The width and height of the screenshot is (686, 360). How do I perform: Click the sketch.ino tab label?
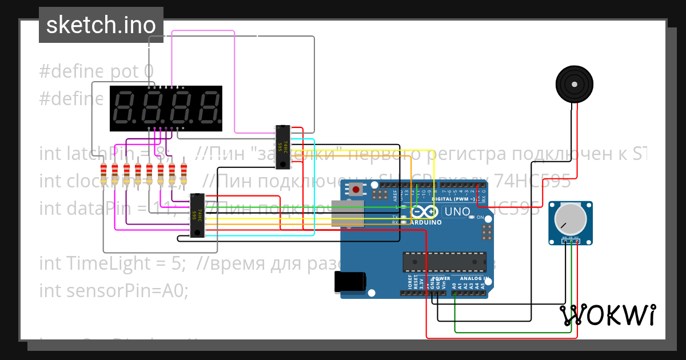[x=101, y=25]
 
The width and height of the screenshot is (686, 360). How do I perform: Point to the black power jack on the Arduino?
[x=349, y=282]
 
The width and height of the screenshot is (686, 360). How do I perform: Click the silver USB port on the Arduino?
[x=347, y=213]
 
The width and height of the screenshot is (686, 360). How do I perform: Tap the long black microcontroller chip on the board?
[x=444, y=261]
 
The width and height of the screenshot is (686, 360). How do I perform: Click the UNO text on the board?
[x=457, y=212]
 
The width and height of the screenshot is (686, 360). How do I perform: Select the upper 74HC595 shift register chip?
[x=282, y=147]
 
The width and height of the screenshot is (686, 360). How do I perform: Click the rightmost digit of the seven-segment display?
[x=208, y=108]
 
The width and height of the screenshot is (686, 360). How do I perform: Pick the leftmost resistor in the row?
[x=103, y=173]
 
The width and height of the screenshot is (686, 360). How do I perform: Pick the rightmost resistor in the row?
[x=184, y=173]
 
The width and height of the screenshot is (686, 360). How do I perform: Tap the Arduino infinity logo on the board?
[x=424, y=212]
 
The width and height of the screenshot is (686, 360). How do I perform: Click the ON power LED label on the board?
[x=480, y=218]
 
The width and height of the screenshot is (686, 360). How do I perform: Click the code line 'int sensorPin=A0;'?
[x=113, y=290]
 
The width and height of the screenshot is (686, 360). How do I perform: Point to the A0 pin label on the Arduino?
[x=454, y=285]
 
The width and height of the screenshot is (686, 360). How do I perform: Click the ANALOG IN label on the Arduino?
[x=474, y=279]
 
